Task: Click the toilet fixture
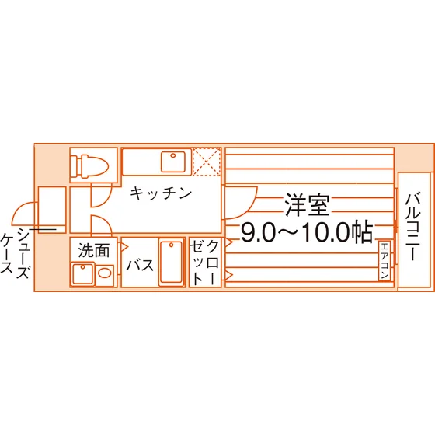89,165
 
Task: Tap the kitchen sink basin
173,162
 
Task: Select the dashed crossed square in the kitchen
207,162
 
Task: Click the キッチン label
162,193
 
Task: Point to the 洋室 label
308,205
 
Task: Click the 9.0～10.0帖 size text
306,232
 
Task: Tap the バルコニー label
412,226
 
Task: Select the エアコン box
385,261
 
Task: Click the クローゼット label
205,263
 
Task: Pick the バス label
140,265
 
